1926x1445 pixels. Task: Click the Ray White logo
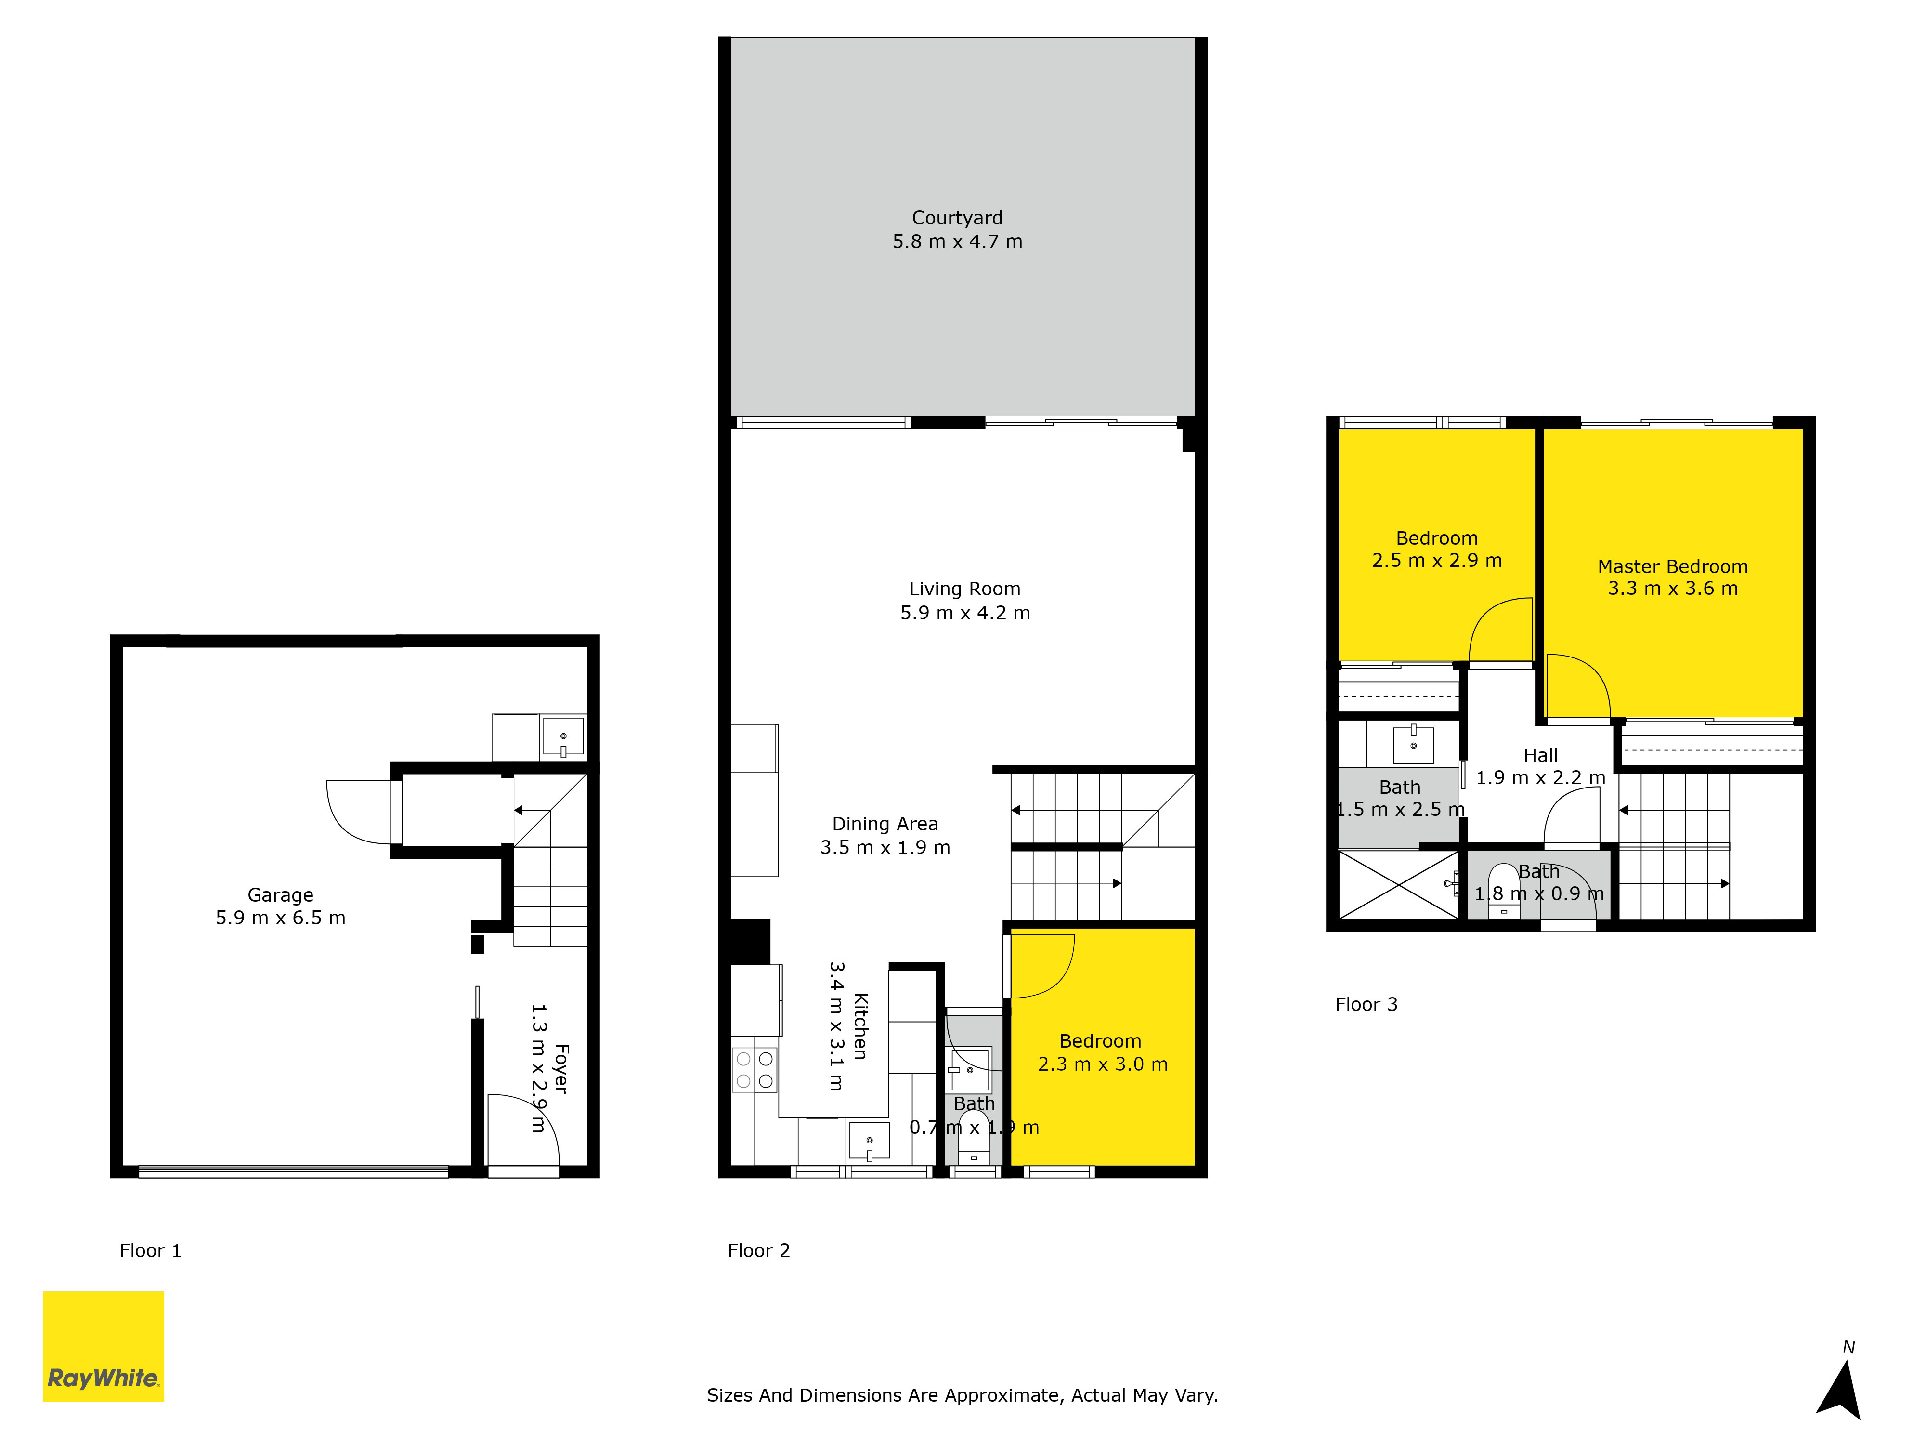pyautogui.click(x=104, y=1346)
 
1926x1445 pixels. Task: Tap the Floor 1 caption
pyautogui.click(x=151, y=1251)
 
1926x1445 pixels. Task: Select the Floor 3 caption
pyautogui.click(x=1366, y=1004)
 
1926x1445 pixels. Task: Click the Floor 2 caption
pyautogui.click(x=758, y=1251)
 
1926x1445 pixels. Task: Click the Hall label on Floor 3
pyautogui.click(x=1540, y=755)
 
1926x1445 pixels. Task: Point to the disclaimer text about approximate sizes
pyautogui.click(x=962, y=1395)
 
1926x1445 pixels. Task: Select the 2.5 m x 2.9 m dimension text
pyautogui.click(x=1437, y=560)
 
